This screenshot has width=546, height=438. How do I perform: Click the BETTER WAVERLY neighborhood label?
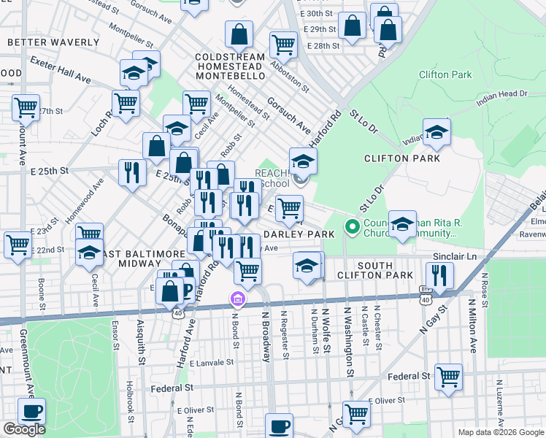click(x=52, y=42)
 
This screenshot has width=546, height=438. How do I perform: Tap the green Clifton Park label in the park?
click(x=445, y=74)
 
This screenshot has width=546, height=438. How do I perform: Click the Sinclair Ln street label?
click(x=454, y=257)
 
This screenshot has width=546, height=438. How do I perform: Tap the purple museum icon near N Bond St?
click(x=237, y=299)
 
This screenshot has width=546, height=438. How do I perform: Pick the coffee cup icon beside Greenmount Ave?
click(x=31, y=411)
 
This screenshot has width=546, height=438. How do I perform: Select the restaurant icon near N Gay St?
click(x=439, y=274)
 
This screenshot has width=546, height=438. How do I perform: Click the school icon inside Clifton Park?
click(x=437, y=132)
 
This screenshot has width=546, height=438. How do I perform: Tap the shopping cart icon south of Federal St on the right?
click(x=448, y=377)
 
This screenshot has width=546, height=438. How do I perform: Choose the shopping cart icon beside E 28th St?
click(x=283, y=45)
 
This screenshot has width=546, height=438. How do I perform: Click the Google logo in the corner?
click(x=24, y=429)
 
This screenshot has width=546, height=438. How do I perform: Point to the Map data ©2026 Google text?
click(x=500, y=432)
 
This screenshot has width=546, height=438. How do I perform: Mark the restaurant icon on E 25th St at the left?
click(x=132, y=172)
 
